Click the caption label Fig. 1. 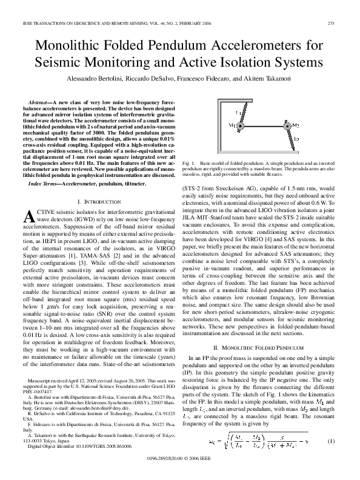tap(188, 164)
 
